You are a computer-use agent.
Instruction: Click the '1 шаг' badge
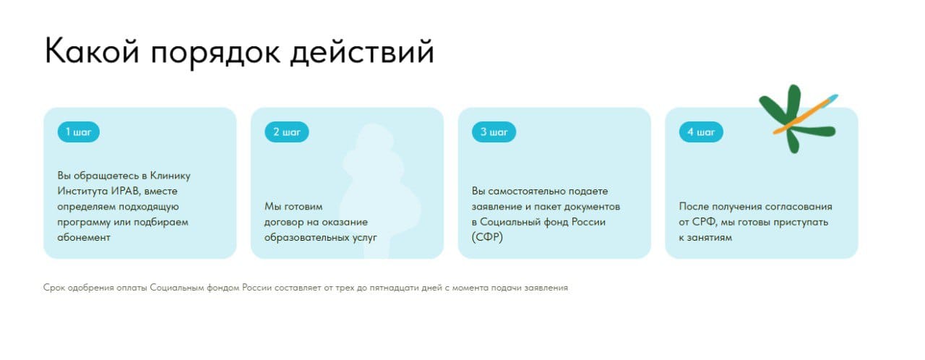[x=79, y=132]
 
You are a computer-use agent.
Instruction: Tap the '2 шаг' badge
[x=287, y=132]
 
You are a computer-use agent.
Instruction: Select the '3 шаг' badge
[x=494, y=132]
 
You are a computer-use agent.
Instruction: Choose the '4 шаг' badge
[x=701, y=132]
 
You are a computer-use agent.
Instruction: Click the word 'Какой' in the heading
[x=92, y=51]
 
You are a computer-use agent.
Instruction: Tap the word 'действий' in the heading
[x=362, y=52]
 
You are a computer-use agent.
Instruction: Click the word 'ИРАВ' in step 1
[x=126, y=191]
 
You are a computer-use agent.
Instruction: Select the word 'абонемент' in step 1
[x=84, y=237]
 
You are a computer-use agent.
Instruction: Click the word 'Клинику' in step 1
[x=170, y=176]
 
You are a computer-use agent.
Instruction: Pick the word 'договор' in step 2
[x=284, y=223]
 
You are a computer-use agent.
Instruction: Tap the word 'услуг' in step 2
[x=365, y=238]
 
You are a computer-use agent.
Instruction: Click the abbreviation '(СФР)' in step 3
[x=487, y=237]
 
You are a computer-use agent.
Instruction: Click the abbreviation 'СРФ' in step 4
[x=704, y=222]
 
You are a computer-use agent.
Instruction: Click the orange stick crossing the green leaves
[x=805, y=114]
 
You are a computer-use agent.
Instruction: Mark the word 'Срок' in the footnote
[x=54, y=288]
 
